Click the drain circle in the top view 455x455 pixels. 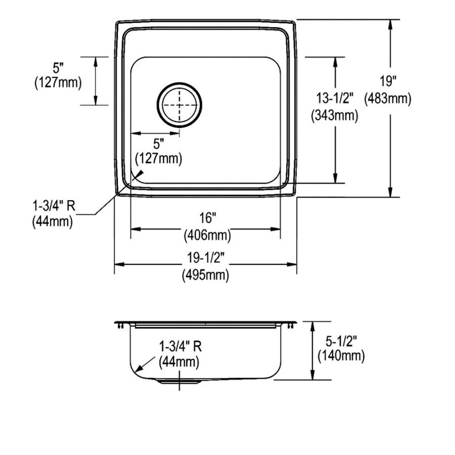[x=179, y=105]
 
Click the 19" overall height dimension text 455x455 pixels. [x=388, y=81]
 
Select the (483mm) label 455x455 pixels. [x=388, y=99]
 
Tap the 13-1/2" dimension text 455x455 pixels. [x=335, y=98]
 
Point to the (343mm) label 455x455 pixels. [x=335, y=116]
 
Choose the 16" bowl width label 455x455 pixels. [x=208, y=217]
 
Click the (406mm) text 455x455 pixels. [x=207, y=235]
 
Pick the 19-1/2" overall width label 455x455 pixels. [x=206, y=257]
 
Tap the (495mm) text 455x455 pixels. [x=205, y=275]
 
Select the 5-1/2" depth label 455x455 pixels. [x=341, y=341]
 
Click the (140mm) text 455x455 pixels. [x=341, y=356]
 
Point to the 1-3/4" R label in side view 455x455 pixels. [x=180, y=346]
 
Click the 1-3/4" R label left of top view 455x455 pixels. [x=54, y=206]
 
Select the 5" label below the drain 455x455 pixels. [x=159, y=144]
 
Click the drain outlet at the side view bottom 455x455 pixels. [x=179, y=382]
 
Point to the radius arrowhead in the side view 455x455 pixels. [x=140, y=368]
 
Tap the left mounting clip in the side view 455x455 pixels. [x=121, y=326]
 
